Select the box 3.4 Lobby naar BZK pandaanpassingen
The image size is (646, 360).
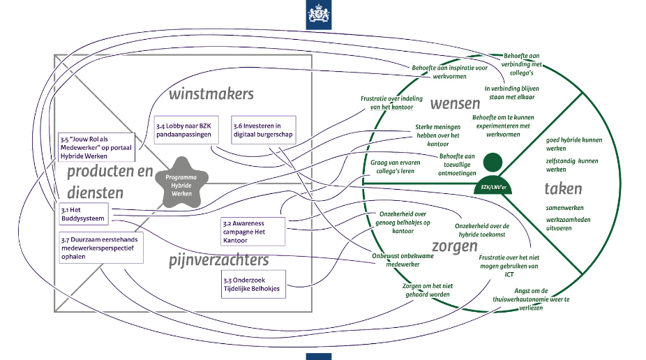click(183, 130)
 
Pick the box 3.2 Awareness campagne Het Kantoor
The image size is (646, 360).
click(253, 232)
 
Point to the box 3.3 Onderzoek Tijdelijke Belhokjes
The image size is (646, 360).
click(250, 283)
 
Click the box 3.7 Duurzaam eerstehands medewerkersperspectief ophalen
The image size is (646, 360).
click(100, 248)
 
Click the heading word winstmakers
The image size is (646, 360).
click(211, 93)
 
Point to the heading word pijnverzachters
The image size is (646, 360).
click(218, 260)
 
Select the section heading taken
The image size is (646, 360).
click(563, 188)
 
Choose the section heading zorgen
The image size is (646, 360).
click(454, 246)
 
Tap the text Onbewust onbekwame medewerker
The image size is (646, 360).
click(403, 260)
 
